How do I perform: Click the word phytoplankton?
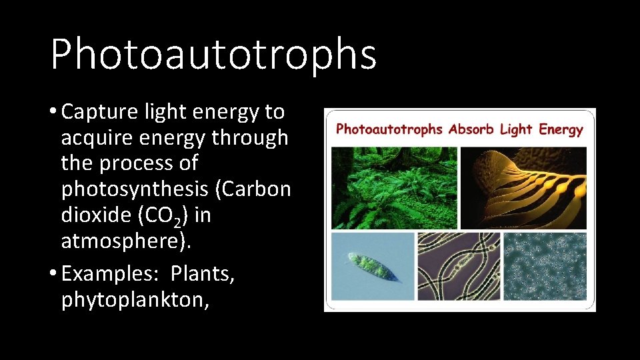[x=133, y=300]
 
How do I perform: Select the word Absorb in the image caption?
[x=471, y=129]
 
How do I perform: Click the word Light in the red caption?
[x=515, y=129]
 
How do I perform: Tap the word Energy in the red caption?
[x=561, y=129]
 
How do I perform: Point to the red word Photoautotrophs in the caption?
[x=389, y=129]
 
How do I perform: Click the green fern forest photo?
[x=394, y=187]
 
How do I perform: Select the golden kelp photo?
[x=523, y=187]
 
